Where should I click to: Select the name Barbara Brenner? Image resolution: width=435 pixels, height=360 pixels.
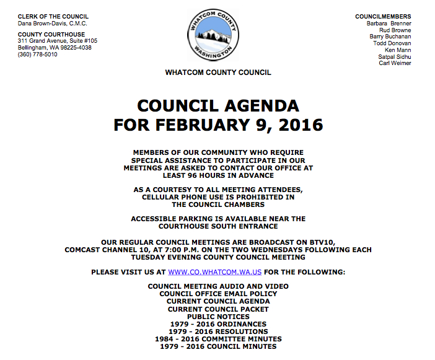pos(389,23)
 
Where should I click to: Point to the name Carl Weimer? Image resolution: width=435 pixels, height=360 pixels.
pos(395,63)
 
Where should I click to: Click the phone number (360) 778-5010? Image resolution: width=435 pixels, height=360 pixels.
pos(38,55)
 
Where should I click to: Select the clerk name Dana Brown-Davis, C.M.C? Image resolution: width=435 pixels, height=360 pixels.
pos(53,23)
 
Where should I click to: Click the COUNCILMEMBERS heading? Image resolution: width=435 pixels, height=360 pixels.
pos(383,16)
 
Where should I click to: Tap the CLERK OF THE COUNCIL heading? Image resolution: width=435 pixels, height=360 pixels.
pos(53,16)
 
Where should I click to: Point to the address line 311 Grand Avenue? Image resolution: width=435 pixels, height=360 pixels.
pos(58,41)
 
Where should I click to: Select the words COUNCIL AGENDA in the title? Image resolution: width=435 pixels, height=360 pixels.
pos(218,105)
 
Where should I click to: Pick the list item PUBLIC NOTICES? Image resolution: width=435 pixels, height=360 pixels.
pos(218,317)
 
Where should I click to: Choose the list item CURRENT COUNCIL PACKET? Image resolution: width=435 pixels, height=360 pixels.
pos(218,309)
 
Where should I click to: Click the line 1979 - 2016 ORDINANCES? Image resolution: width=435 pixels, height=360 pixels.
pos(218,324)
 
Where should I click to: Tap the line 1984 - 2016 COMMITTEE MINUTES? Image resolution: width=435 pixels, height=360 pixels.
pos(218,339)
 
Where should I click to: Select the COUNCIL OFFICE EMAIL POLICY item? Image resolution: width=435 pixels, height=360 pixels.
pos(218,294)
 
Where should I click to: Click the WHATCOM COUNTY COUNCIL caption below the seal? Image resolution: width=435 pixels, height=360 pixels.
pos(218,72)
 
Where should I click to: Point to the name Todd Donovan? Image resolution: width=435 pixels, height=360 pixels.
pos(392,43)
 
